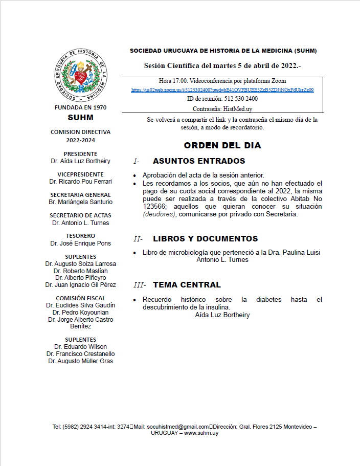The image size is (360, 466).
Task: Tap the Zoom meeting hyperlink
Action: (x=222, y=90)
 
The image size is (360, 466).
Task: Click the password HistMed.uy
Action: (x=237, y=108)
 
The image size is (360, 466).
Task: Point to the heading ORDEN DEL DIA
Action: (x=222, y=145)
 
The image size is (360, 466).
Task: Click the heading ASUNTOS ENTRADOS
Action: (x=192, y=161)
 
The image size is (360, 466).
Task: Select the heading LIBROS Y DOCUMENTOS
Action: (x=205, y=239)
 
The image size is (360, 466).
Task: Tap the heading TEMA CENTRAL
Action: (x=187, y=285)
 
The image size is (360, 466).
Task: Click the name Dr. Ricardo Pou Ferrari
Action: (x=80, y=181)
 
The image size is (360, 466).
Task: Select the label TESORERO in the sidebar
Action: (x=80, y=236)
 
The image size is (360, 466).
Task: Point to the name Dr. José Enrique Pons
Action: (x=80, y=243)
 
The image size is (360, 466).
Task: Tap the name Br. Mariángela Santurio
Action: (x=80, y=202)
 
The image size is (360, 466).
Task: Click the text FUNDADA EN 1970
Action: (x=81, y=108)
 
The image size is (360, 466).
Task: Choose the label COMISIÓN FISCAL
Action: (x=80, y=298)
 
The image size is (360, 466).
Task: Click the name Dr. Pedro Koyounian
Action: (x=80, y=312)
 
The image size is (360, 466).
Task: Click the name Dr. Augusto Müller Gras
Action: (x=80, y=361)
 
